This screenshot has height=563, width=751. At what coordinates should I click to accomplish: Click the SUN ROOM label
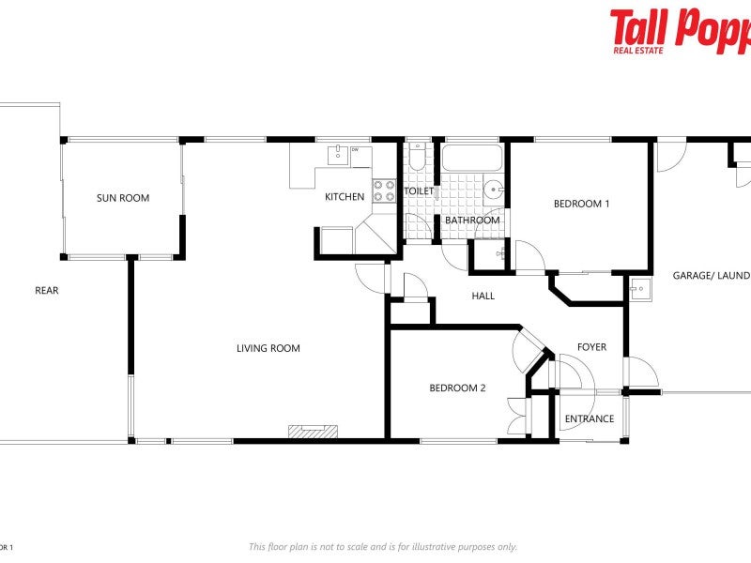(x=123, y=198)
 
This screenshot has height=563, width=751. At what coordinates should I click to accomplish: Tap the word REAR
(x=47, y=291)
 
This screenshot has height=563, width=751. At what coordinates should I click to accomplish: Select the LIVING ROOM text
(x=268, y=348)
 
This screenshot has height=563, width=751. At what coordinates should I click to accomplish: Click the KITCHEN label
(x=345, y=197)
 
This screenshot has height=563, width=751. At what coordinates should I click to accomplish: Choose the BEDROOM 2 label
(x=457, y=388)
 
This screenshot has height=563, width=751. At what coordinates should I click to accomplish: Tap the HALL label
(x=483, y=297)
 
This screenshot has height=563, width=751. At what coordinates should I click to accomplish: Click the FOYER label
(x=591, y=347)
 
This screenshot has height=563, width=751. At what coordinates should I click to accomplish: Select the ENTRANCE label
(x=590, y=418)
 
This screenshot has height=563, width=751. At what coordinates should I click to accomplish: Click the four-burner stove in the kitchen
(x=384, y=190)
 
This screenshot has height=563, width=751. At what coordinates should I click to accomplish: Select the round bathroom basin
(x=493, y=191)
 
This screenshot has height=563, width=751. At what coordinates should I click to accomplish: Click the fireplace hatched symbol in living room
(x=314, y=431)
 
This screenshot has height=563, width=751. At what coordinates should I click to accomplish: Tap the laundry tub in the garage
(x=640, y=288)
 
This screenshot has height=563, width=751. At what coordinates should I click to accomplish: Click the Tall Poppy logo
(x=681, y=30)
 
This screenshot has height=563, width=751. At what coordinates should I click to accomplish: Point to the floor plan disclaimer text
(x=382, y=547)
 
